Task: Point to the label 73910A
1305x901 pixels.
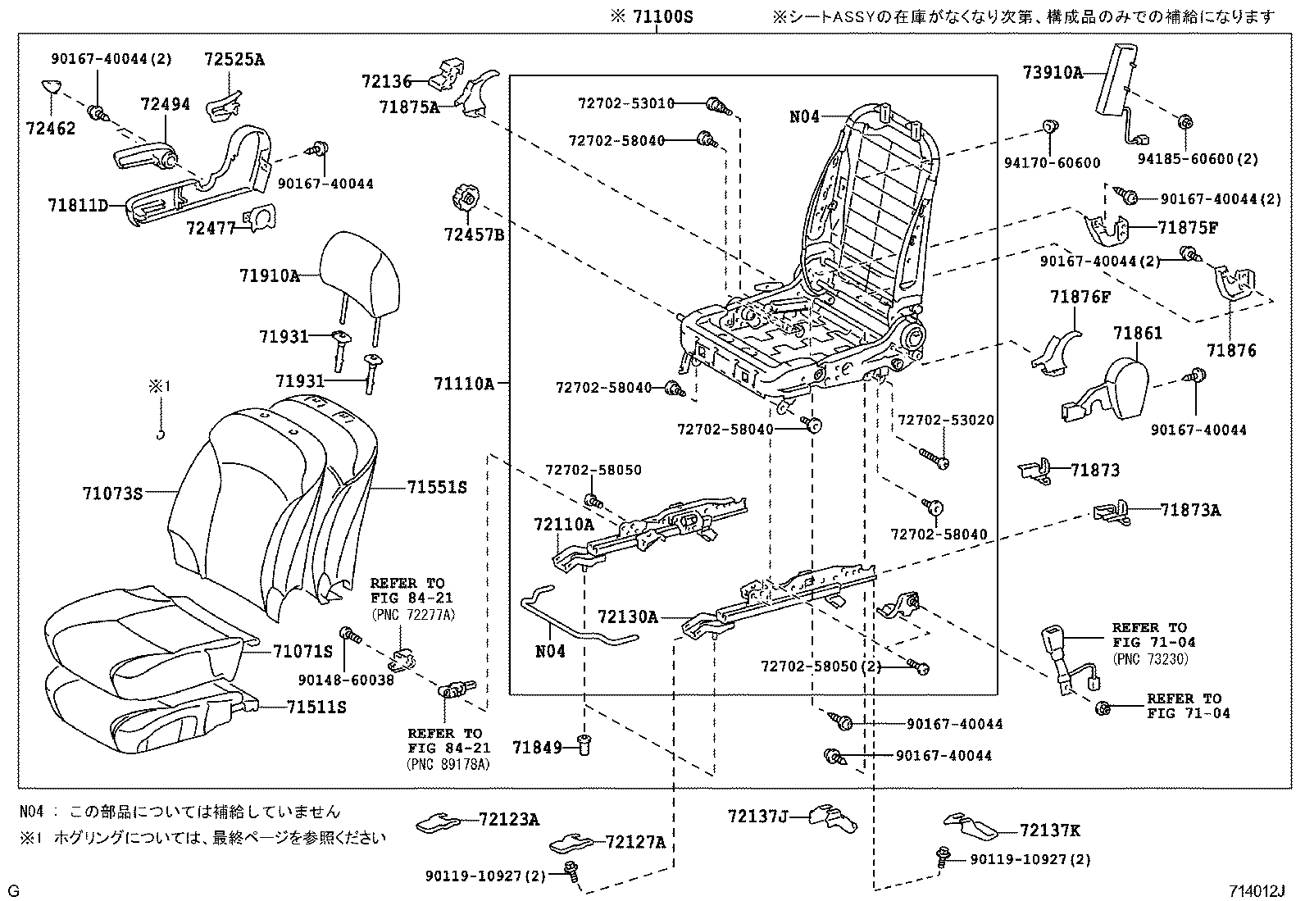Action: [x=1053, y=73]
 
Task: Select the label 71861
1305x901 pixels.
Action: [x=1137, y=333]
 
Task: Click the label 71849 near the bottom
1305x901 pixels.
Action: [x=537, y=747]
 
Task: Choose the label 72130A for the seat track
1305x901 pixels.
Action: [x=627, y=616]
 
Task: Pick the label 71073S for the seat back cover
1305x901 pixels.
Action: [x=112, y=493]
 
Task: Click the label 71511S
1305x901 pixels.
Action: [x=316, y=707]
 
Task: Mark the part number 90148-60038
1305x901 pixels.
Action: [x=345, y=680]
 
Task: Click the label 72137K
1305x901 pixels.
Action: [x=1051, y=830]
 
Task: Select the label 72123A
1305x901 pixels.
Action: [x=509, y=819]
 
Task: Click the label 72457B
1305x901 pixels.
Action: [x=474, y=235]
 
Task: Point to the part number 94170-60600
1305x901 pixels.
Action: [x=1052, y=163]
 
